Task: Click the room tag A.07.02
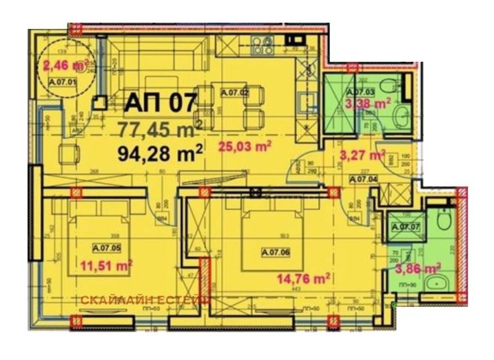(x=234, y=93)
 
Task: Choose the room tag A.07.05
(x=106, y=248)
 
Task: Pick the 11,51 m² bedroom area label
(x=106, y=266)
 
